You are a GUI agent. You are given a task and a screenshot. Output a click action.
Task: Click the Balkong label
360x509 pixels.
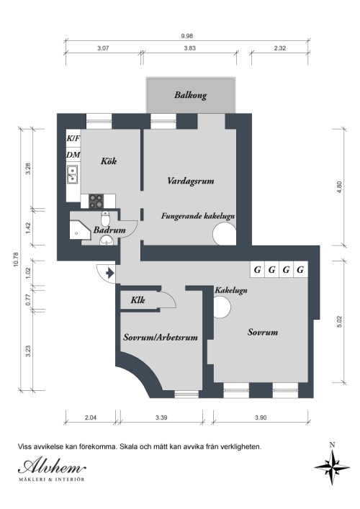point(190,95)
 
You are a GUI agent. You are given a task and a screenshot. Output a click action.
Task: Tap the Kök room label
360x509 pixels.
point(109,161)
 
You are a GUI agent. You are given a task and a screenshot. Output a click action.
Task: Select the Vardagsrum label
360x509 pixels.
point(191,181)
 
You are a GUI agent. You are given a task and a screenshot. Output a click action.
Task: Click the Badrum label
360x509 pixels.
point(109,230)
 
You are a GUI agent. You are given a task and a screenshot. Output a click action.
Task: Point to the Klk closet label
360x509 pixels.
point(138,300)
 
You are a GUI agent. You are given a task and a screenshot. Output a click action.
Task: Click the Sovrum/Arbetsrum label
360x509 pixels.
point(161,337)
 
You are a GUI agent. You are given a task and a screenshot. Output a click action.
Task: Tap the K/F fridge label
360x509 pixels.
point(73,139)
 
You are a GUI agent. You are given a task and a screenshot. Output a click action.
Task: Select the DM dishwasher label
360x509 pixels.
point(73,155)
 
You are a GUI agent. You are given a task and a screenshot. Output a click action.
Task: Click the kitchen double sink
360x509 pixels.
point(73,174)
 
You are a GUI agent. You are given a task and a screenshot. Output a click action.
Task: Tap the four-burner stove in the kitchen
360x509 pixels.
point(96,201)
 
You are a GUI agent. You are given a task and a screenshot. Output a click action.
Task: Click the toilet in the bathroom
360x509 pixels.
point(105,218)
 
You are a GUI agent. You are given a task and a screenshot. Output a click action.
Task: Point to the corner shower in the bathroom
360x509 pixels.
point(80,230)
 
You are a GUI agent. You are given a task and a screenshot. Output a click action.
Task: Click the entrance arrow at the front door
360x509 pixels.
point(109,273)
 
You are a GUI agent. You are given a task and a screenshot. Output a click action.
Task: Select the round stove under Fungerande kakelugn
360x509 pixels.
point(225,235)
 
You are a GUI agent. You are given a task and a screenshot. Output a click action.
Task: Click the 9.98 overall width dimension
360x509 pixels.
point(187,36)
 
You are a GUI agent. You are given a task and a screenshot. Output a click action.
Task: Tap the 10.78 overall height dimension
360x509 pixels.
point(16,260)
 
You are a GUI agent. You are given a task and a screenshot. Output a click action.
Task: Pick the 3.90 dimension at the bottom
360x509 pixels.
point(261,418)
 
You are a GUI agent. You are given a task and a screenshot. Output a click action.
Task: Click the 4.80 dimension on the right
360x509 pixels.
point(340,188)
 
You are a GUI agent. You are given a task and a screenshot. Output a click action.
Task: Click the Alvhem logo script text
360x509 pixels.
point(52,467)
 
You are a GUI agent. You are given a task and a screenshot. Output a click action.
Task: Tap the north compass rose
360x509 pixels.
point(332,468)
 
